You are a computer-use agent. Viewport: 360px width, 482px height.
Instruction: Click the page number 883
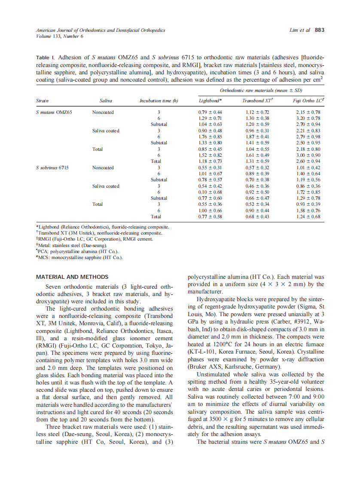319,30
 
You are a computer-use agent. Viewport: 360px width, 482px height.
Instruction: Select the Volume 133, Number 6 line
60,36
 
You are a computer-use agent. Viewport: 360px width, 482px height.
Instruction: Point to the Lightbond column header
210,101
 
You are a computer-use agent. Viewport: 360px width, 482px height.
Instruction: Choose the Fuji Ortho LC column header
308,101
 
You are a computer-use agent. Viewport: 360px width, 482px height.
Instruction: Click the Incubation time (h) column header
159,101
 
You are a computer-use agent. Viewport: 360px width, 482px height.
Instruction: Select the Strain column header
42,101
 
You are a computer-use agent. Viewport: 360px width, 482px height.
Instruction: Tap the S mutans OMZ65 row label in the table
54,112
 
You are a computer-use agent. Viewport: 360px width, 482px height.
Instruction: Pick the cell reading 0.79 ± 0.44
210,112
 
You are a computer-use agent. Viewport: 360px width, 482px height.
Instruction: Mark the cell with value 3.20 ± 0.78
308,118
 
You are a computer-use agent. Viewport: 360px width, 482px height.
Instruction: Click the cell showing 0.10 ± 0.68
210,192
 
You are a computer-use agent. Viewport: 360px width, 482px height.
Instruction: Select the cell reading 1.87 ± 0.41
257,137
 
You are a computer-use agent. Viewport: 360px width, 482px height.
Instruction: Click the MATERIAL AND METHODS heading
72,277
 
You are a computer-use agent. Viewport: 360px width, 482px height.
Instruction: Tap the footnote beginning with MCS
79,257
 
